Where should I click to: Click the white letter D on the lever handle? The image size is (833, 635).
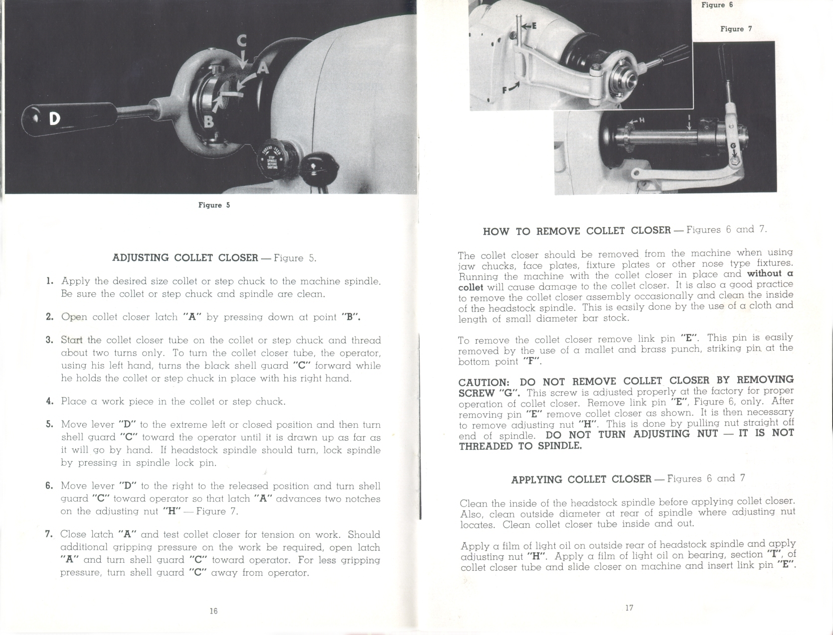tap(54, 119)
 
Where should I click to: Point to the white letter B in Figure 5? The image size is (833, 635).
tap(209, 121)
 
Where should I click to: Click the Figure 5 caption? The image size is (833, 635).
tap(214, 205)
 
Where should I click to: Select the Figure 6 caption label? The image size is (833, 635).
tap(717, 5)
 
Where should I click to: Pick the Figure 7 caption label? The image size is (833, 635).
tap(736, 29)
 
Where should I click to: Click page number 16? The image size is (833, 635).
tap(213, 611)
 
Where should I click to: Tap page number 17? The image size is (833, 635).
tap(629, 608)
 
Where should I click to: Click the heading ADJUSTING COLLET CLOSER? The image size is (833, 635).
tap(185, 257)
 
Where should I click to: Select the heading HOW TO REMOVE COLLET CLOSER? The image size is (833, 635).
tap(577, 231)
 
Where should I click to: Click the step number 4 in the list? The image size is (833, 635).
tap(49, 401)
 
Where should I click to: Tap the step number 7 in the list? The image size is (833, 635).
tap(49, 534)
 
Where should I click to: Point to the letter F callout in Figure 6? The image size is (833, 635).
tap(505, 90)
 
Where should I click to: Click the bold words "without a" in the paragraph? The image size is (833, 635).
tap(770, 274)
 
